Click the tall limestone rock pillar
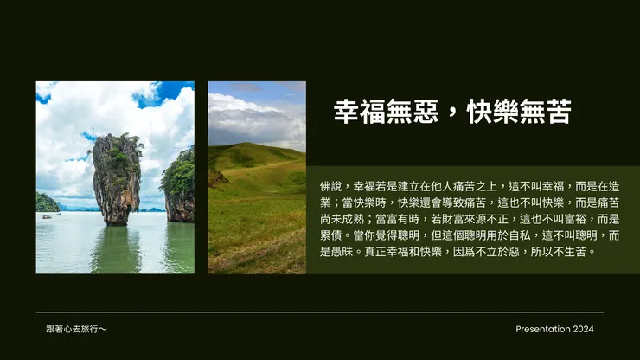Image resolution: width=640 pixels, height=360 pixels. point(117,177)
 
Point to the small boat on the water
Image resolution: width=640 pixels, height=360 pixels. point(46,215)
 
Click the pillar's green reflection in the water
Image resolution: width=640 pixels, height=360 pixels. point(118,247)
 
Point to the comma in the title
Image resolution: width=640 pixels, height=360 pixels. point(451,113)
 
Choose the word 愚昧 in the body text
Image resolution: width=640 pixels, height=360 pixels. point(330,252)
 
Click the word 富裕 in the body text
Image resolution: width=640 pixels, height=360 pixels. point(578,219)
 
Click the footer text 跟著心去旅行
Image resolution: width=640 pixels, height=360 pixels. point(77,329)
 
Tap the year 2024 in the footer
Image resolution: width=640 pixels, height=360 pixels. point(583,329)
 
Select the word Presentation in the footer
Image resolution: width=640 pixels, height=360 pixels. point(542,329)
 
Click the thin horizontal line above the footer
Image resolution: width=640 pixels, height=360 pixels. point(320,312)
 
